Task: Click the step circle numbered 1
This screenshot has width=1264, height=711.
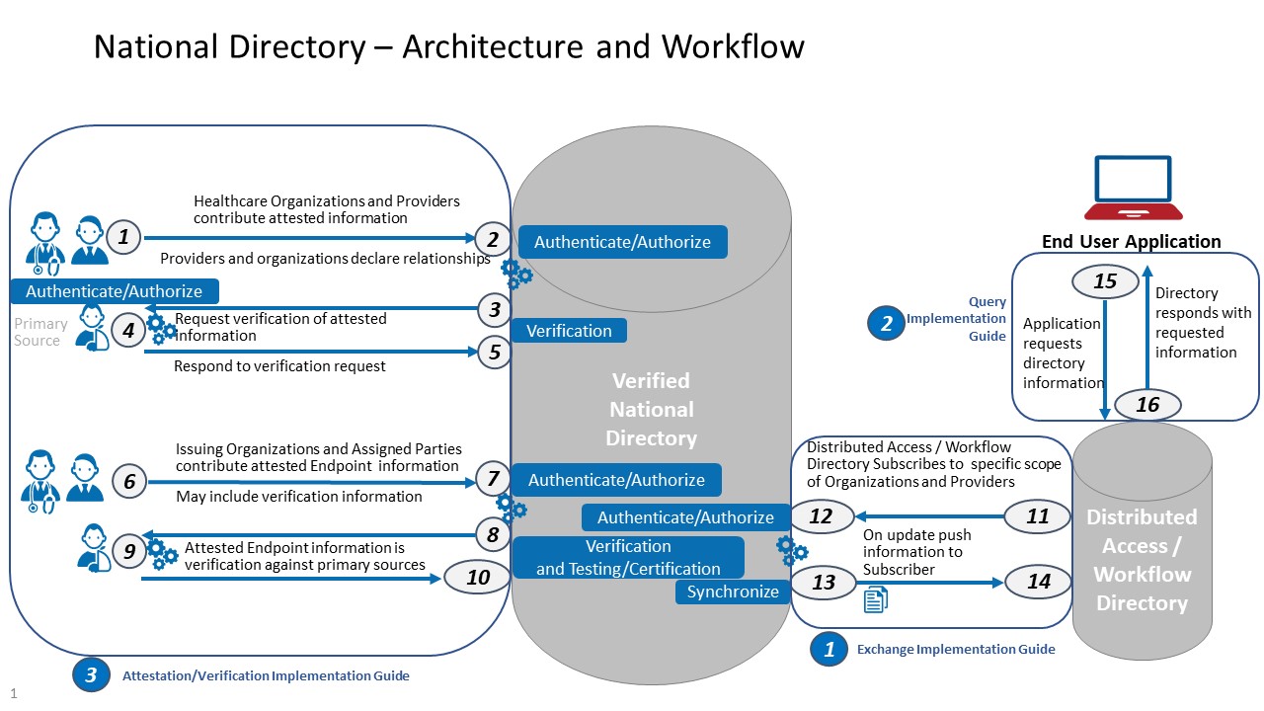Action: tap(123, 237)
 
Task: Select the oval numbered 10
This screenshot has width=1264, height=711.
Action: tap(478, 577)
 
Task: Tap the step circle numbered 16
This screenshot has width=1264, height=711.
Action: tap(1147, 404)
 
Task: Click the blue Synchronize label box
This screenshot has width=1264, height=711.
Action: tap(733, 592)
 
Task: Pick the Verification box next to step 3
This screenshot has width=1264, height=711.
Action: tap(569, 331)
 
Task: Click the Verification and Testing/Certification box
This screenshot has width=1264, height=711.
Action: tap(628, 558)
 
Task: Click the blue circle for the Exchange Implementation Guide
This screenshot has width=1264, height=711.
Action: tap(829, 649)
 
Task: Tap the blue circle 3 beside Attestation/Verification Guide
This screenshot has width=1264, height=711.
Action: tap(91, 675)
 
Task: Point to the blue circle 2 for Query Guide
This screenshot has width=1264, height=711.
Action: tap(886, 322)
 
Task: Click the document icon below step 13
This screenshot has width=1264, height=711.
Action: tap(875, 599)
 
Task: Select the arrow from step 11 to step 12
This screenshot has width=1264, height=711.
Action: tap(928, 515)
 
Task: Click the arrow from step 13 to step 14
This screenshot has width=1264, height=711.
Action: tap(928, 583)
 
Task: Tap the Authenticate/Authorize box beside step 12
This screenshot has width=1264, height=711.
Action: tap(685, 517)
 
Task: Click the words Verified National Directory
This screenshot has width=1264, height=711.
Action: tap(651, 409)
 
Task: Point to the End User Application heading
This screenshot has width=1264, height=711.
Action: tap(1131, 242)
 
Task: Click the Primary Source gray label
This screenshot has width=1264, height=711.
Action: tap(40, 332)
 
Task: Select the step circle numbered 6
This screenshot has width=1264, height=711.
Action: tap(129, 481)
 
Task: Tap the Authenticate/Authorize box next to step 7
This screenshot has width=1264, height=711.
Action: tap(616, 480)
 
